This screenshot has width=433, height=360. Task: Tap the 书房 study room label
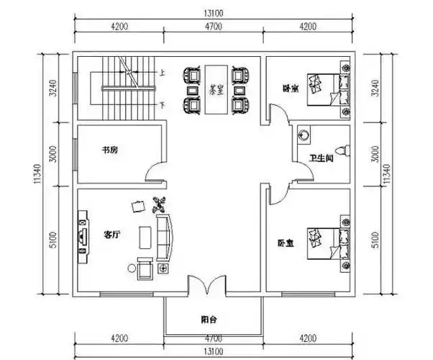click(109, 150)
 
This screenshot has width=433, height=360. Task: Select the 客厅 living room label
click(112, 235)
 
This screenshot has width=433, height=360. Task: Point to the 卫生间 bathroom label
click(320, 158)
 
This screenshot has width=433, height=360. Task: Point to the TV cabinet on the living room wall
click(83, 234)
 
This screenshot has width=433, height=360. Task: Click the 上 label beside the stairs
click(163, 73)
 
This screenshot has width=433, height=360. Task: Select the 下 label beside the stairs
click(163, 104)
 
